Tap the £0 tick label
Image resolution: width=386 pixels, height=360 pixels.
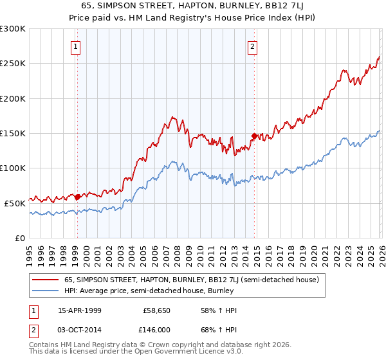pyautogui.click(x=19, y=238)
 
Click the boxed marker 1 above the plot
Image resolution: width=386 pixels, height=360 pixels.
pyautogui.click(x=76, y=46)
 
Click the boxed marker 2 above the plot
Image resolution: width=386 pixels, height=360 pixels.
pyautogui.click(x=253, y=46)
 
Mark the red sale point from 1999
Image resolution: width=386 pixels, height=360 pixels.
pyautogui.click(x=78, y=197)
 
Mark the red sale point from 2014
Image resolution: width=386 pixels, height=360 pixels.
pyautogui.click(x=254, y=136)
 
